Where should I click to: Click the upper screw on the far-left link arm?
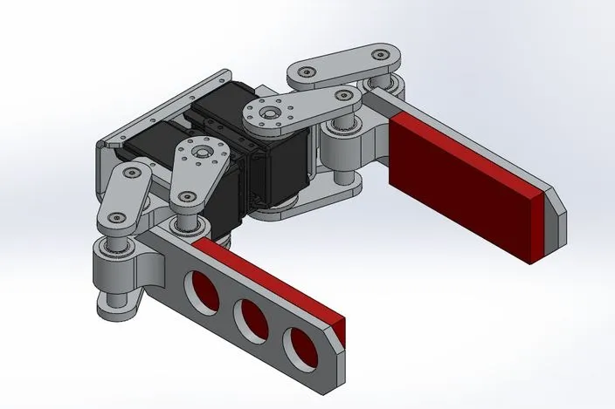tap(133, 174)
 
